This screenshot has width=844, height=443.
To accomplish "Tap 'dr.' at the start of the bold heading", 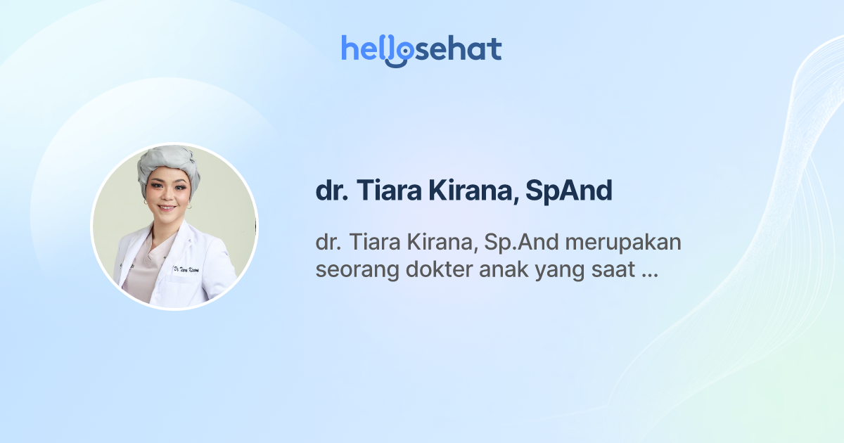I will click(331, 191).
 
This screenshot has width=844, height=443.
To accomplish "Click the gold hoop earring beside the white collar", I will click(146, 203).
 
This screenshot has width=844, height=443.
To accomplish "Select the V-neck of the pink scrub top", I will click(159, 243).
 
